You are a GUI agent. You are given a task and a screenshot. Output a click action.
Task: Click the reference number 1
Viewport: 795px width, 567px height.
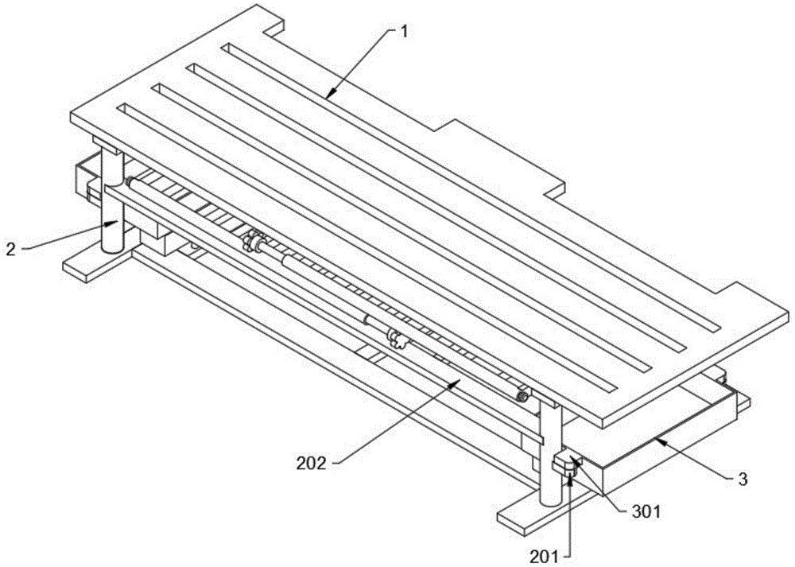404,32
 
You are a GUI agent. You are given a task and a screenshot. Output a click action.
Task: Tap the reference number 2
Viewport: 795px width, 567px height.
10,249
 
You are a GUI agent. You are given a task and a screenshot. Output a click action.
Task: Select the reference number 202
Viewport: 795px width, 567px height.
311,463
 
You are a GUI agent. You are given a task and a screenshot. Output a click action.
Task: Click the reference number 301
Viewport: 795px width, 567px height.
646,511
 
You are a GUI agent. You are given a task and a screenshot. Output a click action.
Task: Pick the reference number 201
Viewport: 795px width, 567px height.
544,557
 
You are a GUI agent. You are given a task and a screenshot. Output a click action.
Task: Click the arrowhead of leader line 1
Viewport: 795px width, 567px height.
328,95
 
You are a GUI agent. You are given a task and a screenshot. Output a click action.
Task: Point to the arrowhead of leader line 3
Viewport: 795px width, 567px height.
657,439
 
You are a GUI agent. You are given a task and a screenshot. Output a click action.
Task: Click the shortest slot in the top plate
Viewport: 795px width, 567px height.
472,188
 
